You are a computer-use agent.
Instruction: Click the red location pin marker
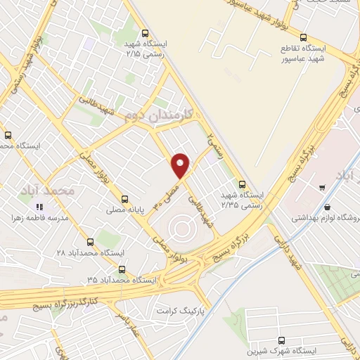[x=181, y=164]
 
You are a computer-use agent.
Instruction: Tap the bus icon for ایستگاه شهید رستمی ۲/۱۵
[x=145, y=33]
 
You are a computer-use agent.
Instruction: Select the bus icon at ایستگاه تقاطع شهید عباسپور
[x=303, y=37]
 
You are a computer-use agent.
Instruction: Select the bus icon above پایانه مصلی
[x=124, y=199]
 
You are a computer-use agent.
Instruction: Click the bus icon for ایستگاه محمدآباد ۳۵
[x=123, y=269]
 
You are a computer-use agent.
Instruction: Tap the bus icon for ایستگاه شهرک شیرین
[x=283, y=339]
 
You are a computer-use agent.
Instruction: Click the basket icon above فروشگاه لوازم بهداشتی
[x=328, y=207]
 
